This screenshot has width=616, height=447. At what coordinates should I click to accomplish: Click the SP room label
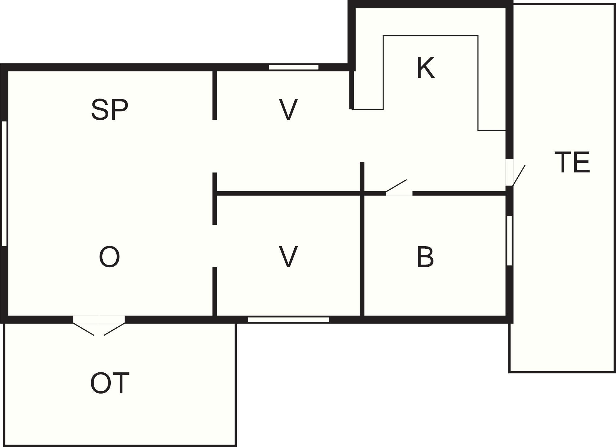[110, 109]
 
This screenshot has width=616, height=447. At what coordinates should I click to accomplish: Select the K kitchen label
[425, 68]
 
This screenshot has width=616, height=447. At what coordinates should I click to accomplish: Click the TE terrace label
[572, 162]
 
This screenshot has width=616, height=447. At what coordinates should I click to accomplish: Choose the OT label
[110, 383]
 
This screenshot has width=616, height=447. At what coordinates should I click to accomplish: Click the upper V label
[288, 109]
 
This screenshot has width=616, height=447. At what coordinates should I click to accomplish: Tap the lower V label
[288, 257]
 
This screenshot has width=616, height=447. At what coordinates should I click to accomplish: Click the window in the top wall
[294, 67]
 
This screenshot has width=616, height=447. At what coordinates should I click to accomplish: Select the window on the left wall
[4, 183]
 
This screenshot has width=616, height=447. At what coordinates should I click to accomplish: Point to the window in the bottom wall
[288, 320]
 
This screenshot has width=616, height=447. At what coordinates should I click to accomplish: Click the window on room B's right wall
[509, 241]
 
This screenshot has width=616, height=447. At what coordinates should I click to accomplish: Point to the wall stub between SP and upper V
[214, 95]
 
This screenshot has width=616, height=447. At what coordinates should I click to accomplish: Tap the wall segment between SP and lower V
[214, 198]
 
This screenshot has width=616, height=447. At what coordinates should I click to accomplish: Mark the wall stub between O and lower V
[214, 292]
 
